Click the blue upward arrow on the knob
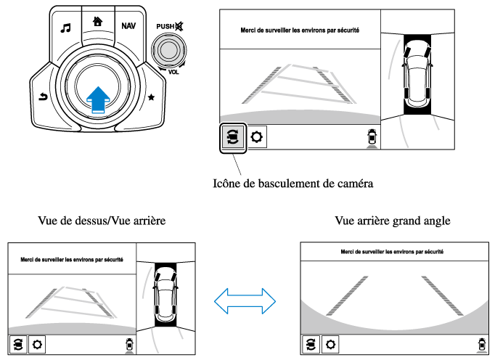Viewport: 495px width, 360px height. click(99, 99)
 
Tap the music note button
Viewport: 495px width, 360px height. click(66, 28)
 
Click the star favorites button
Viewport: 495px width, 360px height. click(150, 97)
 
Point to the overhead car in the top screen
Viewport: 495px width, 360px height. click(417, 75)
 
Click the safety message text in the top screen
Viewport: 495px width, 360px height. click(300, 31)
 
